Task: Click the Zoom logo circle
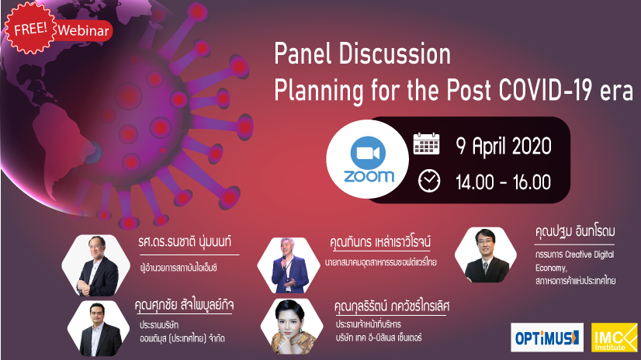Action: coord(369,161)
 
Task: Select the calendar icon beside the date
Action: coord(427,144)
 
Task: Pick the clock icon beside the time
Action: coord(428,181)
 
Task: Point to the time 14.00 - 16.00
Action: coord(504,182)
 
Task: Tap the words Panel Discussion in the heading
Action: coord(363,54)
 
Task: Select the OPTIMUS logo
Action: coord(547,336)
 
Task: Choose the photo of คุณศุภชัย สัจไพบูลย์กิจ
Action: coord(94,327)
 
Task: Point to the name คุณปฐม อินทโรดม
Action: coord(575,231)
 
